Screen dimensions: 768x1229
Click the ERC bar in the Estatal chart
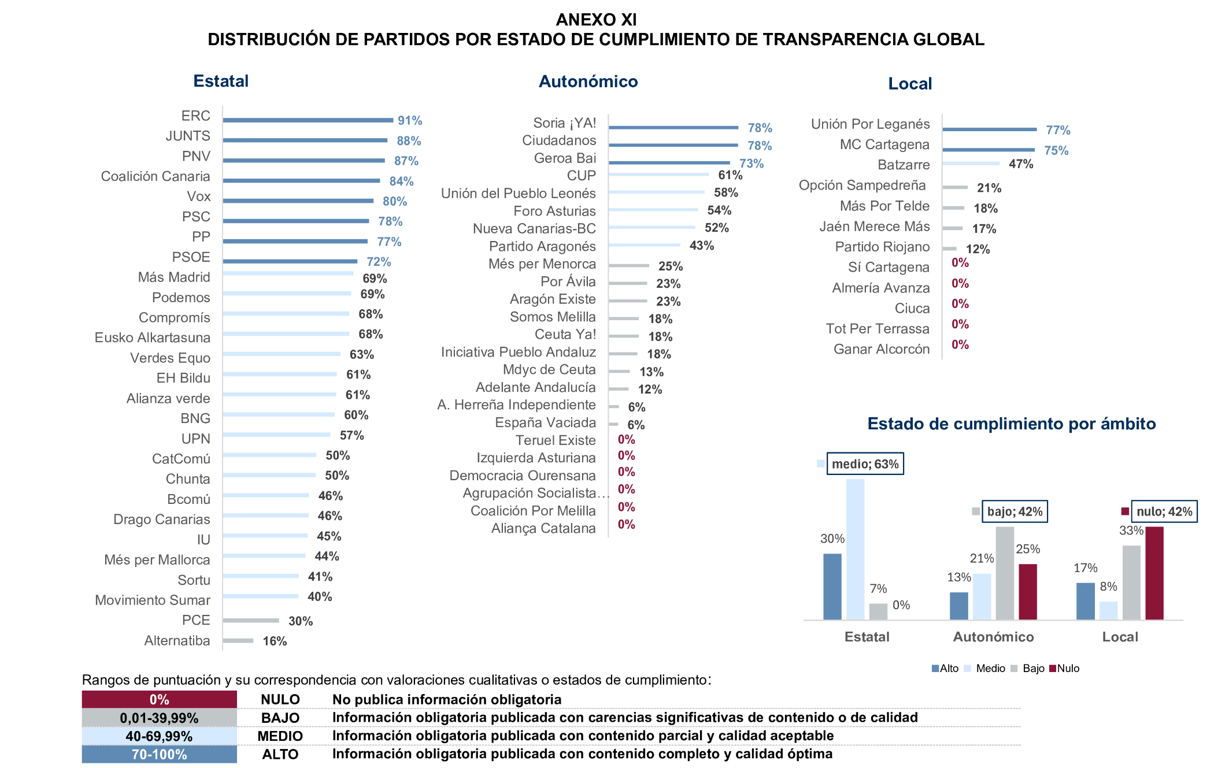click(308, 120)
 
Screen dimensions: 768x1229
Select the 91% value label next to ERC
click(409, 121)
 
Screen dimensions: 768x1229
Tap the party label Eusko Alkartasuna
click(153, 337)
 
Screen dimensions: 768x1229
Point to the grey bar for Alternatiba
click(238, 640)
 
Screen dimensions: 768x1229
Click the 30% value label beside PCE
click(300, 621)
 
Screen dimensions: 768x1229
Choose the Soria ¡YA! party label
click(564, 123)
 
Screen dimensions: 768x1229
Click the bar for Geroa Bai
click(669, 163)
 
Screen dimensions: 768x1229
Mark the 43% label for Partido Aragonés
click(701, 246)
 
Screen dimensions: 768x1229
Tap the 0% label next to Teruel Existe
click(626, 440)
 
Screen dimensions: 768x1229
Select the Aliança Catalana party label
click(543, 529)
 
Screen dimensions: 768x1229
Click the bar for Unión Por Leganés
click(989, 129)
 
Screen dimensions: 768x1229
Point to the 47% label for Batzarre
click(1020, 164)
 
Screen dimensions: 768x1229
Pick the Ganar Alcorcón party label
click(881, 349)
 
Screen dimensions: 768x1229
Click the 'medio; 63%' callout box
click(865, 464)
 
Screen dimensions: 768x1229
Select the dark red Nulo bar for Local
click(1154, 573)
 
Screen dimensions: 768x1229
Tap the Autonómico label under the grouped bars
click(993, 637)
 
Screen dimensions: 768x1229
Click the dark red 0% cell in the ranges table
click(159, 700)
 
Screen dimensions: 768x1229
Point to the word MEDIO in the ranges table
click(280, 736)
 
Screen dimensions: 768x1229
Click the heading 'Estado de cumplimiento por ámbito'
click(1011, 424)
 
